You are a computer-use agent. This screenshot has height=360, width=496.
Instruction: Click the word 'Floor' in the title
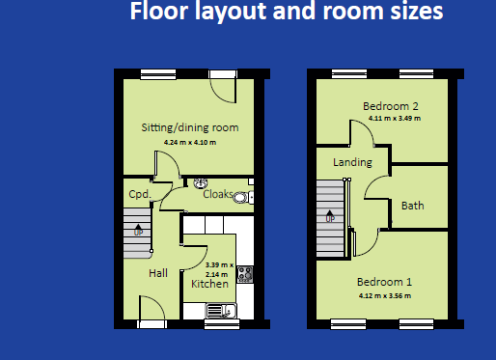tap(160, 11)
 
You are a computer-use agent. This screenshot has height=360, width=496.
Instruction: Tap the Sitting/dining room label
tap(190, 127)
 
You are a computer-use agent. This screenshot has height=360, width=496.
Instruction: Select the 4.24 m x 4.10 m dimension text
tap(190, 142)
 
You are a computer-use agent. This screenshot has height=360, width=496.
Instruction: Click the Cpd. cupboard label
tap(140, 194)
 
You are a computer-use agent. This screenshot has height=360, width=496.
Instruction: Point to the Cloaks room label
tap(218, 194)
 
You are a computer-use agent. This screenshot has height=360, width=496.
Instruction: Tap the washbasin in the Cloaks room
tap(201, 183)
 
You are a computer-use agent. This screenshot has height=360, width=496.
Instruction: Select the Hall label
tap(158, 273)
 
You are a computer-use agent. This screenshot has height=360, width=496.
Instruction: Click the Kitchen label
tap(209, 284)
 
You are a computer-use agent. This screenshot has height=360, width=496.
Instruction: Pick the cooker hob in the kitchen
tap(245, 274)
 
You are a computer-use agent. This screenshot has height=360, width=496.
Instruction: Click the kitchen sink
tap(221, 311)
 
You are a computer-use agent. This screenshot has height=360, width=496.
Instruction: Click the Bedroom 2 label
tap(391, 106)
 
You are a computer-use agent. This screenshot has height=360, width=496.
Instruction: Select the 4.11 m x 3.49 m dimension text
tap(395, 118)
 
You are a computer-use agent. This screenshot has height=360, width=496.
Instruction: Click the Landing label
tap(352, 162)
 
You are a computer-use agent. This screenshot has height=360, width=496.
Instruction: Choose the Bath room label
tap(413, 206)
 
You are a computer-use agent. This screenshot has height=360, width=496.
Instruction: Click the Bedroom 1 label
tap(384, 282)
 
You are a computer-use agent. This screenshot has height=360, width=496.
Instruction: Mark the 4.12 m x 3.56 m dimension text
tap(385, 295)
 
